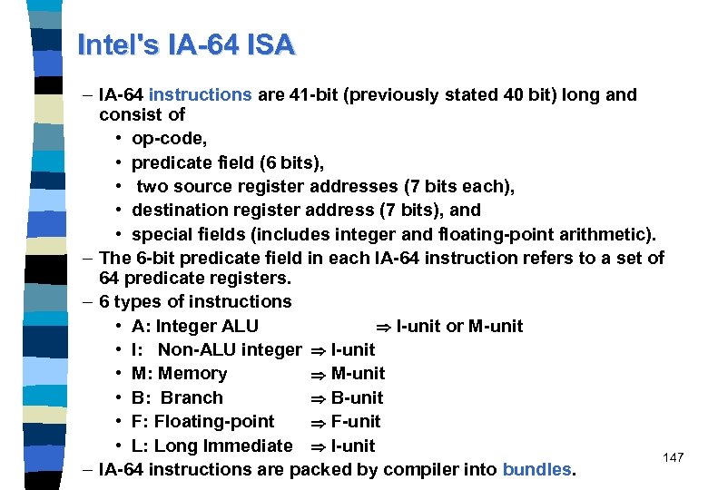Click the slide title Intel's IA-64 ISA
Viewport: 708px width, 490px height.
click(x=186, y=44)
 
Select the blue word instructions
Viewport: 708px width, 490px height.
click(x=201, y=94)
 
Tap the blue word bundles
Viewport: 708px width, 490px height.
click(x=537, y=469)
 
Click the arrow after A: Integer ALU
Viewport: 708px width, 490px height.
click(x=383, y=327)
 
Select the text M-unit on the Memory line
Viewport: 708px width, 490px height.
click(x=359, y=373)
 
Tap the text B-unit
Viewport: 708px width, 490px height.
click(x=358, y=397)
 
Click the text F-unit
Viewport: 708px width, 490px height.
click(x=356, y=421)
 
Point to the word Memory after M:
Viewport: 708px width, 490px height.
click(x=192, y=373)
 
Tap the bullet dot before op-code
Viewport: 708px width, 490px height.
click(x=120, y=139)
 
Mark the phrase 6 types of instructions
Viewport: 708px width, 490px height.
click(x=195, y=301)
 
